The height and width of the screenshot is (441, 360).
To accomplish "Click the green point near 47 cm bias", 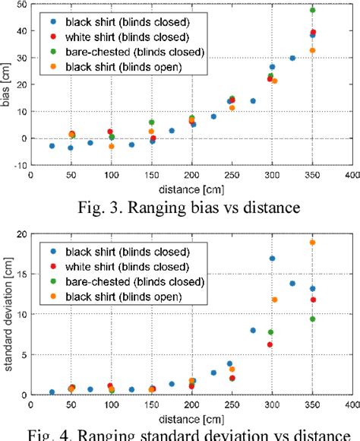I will (x=312, y=10).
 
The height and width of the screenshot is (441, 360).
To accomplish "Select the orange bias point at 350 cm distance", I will (x=312, y=50).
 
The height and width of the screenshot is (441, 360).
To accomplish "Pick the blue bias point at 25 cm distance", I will (x=52, y=146).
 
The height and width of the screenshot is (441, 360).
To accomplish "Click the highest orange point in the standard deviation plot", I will (x=312, y=243).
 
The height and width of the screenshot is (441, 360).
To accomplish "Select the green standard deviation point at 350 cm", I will (x=312, y=319).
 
